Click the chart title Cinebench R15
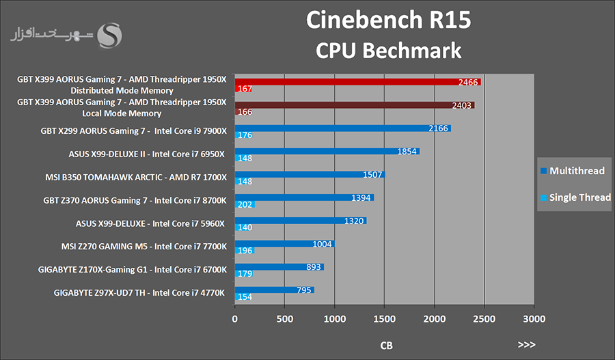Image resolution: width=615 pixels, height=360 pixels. (x=388, y=20)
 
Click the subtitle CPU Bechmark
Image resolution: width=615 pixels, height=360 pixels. (x=388, y=50)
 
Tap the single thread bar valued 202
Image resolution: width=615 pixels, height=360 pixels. (x=245, y=204)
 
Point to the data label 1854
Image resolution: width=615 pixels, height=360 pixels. (x=407, y=152)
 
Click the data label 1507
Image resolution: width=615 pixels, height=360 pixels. (x=372, y=174)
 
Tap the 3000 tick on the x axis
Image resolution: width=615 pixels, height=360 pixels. (x=534, y=318)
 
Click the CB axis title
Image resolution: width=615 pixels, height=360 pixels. (x=386, y=345)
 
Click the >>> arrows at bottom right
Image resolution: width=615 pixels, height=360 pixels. (x=527, y=345)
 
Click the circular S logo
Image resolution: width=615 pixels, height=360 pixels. (x=110, y=36)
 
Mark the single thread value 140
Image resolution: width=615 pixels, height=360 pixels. (x=245, y=227)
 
